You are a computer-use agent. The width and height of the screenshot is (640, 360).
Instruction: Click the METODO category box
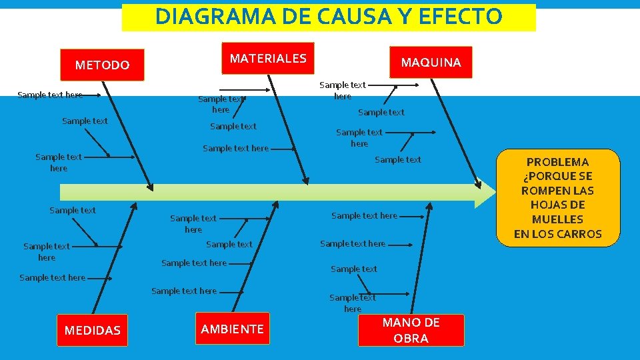click(102, 65)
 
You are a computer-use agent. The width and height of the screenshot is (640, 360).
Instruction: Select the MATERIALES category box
click(268, 58)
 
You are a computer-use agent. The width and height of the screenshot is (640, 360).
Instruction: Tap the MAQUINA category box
click(431, 62)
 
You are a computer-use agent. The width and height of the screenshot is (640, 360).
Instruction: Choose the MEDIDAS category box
click(93, 330)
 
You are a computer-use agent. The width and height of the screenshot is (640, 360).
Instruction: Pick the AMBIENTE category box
click(232, 328)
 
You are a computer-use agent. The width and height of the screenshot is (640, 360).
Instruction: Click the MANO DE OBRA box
click(411, 330)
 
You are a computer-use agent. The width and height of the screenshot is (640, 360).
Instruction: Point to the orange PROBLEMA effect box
click(557, 197)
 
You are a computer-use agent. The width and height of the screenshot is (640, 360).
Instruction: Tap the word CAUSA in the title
click(340, 16)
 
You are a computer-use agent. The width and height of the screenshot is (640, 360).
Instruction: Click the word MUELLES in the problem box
click(557, 219)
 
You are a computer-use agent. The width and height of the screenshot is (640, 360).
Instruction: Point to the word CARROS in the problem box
click(579, 234)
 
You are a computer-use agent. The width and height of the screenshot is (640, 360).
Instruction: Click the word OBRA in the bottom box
click(411, 338)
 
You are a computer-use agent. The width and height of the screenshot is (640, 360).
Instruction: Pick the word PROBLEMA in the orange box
click(557, 162)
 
